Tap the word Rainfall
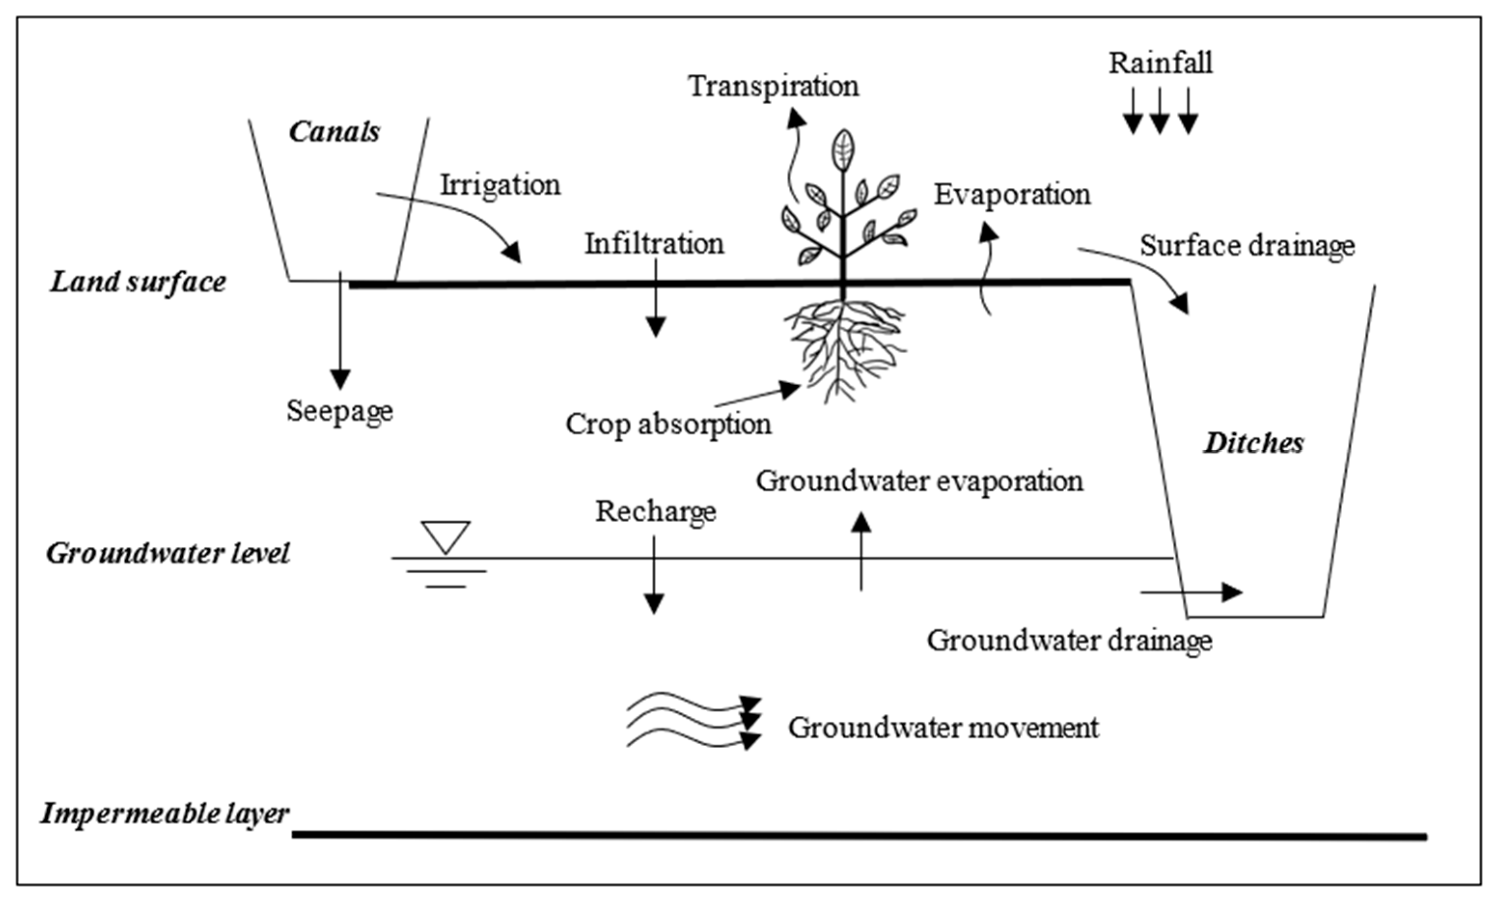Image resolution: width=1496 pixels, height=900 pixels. click(1160, 63)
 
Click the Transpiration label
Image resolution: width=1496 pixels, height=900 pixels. click(773, 86)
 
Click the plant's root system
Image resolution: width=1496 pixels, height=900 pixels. click(844, 349)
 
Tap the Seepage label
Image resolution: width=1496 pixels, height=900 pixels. click(340, 411)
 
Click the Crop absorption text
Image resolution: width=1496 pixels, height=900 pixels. click(668, 424)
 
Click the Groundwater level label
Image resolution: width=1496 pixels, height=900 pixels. click(168, 553)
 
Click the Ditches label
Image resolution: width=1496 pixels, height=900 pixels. click(1253, 443)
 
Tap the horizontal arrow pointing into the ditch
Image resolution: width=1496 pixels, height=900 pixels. click(1191, 592)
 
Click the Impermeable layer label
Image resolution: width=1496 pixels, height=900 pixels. click(165, 813)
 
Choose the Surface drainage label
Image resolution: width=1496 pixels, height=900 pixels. click(1247, 246)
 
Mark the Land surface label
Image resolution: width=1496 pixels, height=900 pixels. click(138, 282)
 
